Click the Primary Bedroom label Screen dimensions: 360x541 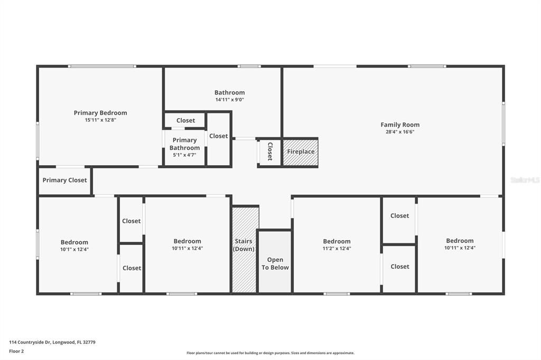click(x=100, y=112)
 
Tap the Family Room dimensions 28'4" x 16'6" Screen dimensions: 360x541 click(x=400, y=132)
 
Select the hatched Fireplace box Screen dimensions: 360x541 click(x=301, y=152)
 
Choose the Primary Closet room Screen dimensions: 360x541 click(x=64, y=181)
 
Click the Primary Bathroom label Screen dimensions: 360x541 click(x=184, y=144)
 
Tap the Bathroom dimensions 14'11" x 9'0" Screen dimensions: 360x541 click(x=229, y=100)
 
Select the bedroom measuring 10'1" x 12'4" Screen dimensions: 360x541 click(x=74, y=246)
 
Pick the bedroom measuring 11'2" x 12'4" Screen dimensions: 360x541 click(x=337, y=245)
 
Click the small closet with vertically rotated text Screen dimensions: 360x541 click(x=269, y=151)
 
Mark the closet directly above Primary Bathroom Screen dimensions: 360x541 click(x=185, y=120)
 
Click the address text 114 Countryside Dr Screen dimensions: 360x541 click(x=52, y=342)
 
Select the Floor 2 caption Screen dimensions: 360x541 click(x=16, y=351)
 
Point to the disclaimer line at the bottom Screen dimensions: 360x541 click(x=270, y=353)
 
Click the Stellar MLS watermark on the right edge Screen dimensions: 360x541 click(x=525, y=180)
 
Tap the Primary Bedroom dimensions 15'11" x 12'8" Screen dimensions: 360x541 click(x=100, y=120)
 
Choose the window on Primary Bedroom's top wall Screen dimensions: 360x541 click(x=102, y=66)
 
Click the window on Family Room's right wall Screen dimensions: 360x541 click(x=503, y=124)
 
